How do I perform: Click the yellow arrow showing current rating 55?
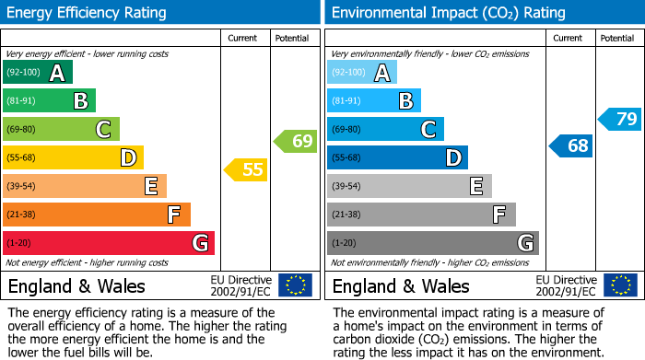click(246, 169)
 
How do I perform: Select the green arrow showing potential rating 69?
click(295, 141)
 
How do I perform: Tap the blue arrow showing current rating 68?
click(571, 145)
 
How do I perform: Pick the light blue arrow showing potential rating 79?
click(620, 119)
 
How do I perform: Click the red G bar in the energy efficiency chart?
click(109, 243)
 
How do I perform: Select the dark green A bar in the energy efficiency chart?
click(38, 73)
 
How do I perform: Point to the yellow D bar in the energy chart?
click(73, 157)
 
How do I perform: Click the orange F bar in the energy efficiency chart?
click(97, 215)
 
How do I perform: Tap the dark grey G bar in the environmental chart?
click(433, 243)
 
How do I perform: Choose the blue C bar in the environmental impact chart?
click(385, 129)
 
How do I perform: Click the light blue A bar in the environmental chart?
click(362, 73)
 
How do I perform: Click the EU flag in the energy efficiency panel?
click(296, 285)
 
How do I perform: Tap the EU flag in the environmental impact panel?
click(620, 285)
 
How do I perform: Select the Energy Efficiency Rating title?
click(88, 13)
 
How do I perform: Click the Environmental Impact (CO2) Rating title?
click(448, 13)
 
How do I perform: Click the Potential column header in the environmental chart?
click(617, 38)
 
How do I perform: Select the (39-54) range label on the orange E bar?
click(21, 186)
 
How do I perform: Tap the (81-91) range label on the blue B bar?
click(346, 100)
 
